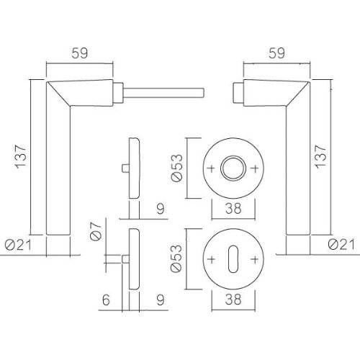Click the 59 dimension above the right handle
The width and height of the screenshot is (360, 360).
[x=276, y=52]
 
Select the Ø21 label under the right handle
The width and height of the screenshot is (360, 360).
[x=338, y=246]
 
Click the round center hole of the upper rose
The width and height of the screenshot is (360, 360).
[x=232, y=168]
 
